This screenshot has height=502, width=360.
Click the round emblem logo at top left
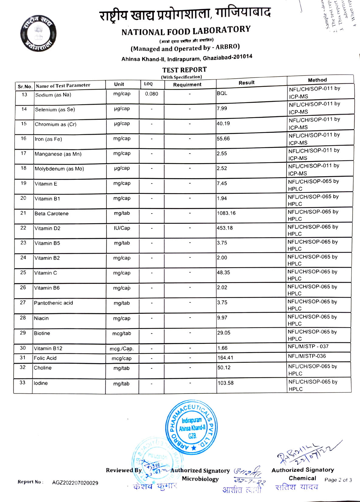coord(38,33)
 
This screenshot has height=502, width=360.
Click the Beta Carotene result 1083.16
coord(226,213)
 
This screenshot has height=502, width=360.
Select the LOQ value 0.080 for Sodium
coord(151,94)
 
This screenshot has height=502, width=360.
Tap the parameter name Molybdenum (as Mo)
coord(59,169)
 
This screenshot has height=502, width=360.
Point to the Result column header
coord(246,83)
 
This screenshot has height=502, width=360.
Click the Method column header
coord(317,80)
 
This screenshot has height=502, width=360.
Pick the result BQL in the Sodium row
coord(222,93)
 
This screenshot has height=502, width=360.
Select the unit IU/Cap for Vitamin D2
coord(122,228)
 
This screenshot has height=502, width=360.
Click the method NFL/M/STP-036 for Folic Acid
coord(307,356)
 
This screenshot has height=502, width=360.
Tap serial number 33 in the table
coord(22,383)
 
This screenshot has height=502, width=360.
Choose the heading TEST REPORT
coord(184,70)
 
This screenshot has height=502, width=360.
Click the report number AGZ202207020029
coord(75,483)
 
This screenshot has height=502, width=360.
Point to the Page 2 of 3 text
coord(338,480)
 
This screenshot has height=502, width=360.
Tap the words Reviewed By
coord(124,470)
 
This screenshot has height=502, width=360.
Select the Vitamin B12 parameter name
coord(48,348)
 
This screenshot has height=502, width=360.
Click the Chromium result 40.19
coord(223,124)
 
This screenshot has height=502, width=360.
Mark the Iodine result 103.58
coord(225,383)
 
